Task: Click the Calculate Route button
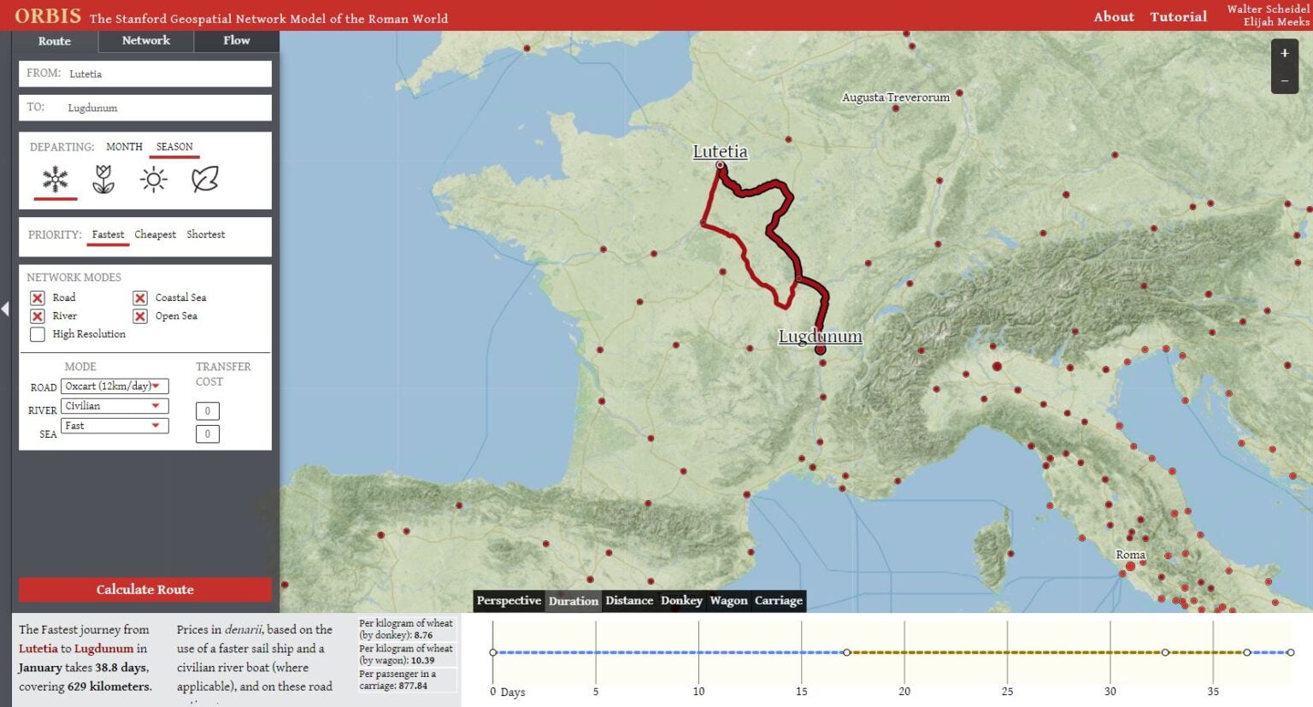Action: tap(144, 589)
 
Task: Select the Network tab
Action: tap(146, 41)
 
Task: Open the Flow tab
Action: tap(237, 41)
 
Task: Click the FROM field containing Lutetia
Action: tap(144, 74)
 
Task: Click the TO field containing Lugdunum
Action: tap(144, 108)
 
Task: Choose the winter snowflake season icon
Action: tap(56, 180)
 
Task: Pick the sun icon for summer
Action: tap(153, 180)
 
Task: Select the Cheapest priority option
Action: tap(155, 234)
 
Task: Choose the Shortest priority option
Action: tap(206, 234)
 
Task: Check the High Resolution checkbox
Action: tap(38, 334)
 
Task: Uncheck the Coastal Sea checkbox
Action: tap(140, 298)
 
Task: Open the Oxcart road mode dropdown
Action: tap(115, 386)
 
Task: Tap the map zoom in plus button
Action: tap(1284, 53)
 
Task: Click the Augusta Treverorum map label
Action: tap(895, 97)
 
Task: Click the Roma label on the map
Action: tap(1130, 555)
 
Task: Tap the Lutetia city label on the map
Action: tap(720, 151)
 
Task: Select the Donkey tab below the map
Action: tap(681, 600)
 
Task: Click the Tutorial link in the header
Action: tap(1178, 16)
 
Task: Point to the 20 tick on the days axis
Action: tap(904, 691)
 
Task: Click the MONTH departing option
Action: tap(124, 147)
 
